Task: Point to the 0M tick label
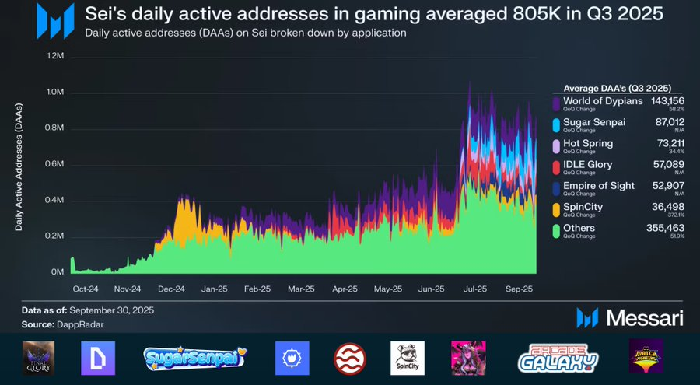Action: (x=57, y=272)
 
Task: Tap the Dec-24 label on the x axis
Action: (x=170, y=289)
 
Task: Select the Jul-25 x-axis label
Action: (x=474, y=289)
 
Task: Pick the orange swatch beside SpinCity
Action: (x=556, y=209)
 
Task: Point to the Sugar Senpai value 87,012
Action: (x=670, y=122)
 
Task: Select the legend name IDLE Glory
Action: (x=587, y=164)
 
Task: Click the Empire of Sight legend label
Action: (x=598, y=185)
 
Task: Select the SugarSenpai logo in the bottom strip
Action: (x=195, y=358)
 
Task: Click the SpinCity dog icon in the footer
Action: (x=407, y=358)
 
